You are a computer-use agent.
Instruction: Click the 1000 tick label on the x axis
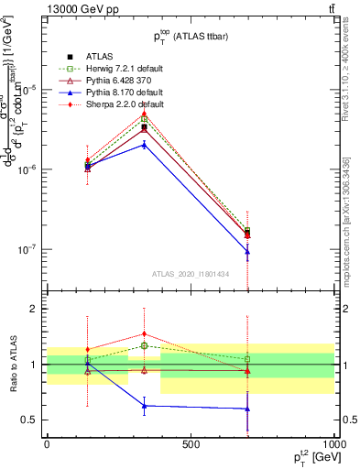[x=333, y=444]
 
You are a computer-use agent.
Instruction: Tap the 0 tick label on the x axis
[x=47, y=444]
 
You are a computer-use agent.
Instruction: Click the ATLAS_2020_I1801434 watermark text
[x=190, y=274]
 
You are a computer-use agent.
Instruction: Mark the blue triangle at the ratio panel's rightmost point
[x=247, y=409]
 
